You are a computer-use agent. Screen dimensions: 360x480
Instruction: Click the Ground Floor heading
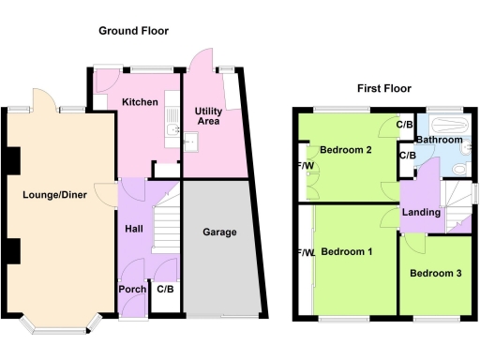pos(134,31)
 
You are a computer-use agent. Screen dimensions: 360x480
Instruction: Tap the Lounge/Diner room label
pos(54,196)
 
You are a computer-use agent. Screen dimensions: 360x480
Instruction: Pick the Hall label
pos(134,228)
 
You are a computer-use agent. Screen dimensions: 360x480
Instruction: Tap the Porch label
pos(132,289)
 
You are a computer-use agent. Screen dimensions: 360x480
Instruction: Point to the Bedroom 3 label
pos(435,273)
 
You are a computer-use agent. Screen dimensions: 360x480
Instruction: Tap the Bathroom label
pos(440,140)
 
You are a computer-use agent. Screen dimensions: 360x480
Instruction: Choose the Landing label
pos(421,213)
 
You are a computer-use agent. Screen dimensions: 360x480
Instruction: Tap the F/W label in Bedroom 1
pos(305,253)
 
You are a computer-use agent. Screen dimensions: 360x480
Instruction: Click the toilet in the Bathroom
pos(457,167)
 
